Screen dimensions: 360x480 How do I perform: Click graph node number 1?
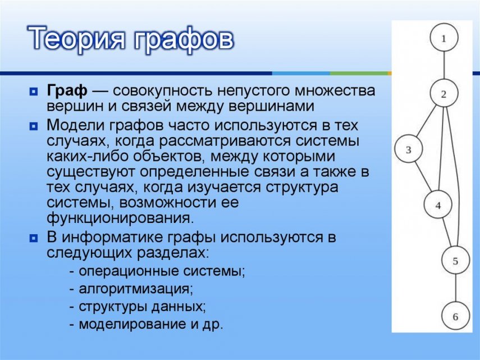click(444, 38)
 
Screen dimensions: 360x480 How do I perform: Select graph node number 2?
click(444, 94)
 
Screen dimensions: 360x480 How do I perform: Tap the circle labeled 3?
click(409, 149)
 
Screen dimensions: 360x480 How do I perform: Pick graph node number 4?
click(438, 206)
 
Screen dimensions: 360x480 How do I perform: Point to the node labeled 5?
click(455, 261)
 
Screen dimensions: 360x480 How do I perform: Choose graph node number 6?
click(455, 317)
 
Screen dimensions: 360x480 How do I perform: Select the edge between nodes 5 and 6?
click(455, 289)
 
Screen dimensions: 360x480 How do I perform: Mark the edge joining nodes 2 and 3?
click(426, 121)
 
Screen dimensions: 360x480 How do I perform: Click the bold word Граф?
click(67, 90)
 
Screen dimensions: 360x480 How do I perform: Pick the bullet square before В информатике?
click(34, 238)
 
